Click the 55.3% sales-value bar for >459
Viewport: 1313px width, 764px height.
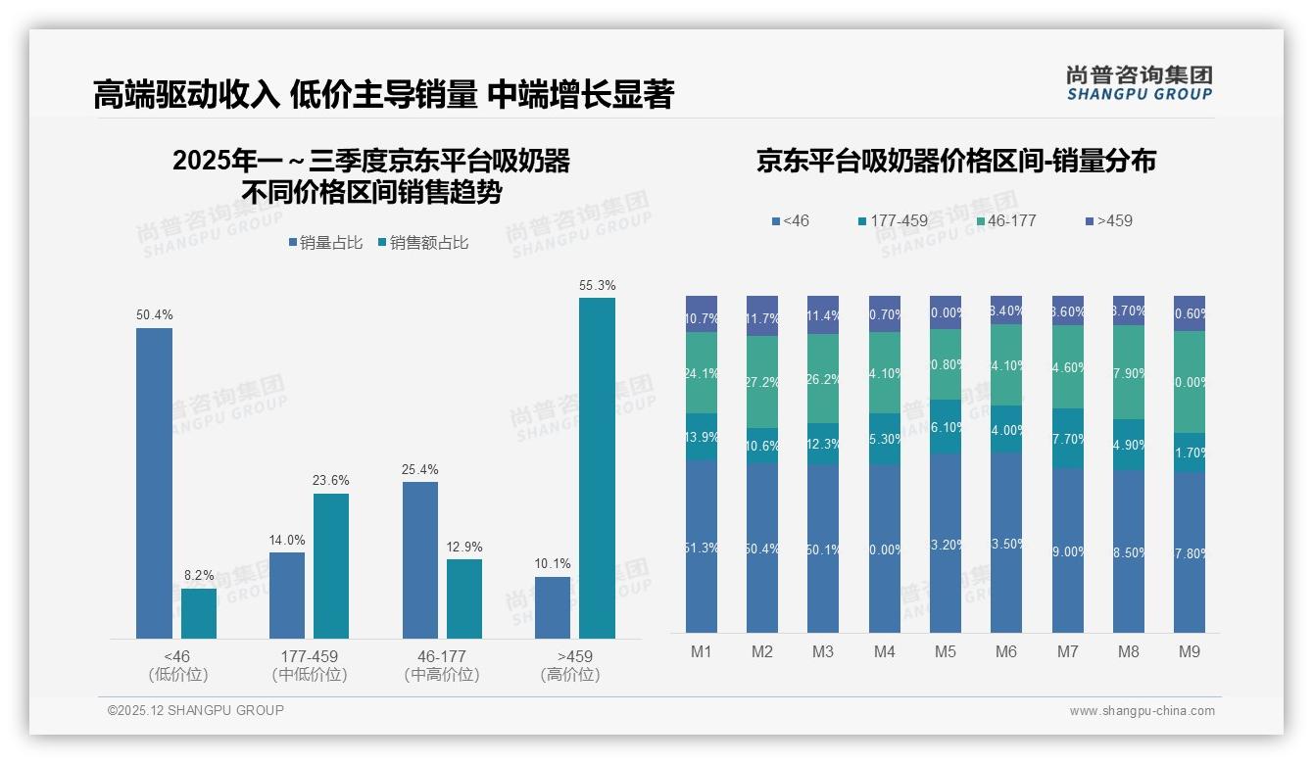click(597, 468)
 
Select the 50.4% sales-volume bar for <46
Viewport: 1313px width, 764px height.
click(154, 483)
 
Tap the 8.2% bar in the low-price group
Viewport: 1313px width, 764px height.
click(199, 613)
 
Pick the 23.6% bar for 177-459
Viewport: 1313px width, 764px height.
click(331, 566)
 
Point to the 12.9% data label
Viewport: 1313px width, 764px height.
click(464, 547)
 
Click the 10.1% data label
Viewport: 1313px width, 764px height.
click(553, 564)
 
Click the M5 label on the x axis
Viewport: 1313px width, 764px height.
click(945, 651)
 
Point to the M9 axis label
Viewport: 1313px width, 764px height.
click(1189, 651)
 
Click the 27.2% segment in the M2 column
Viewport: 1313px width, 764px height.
click(762, 382)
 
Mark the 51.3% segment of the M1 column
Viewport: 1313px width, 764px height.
click(702, 547)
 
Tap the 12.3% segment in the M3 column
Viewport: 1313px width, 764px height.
click(823, 444)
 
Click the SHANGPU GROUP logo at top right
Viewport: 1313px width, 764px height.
click(1139, 83)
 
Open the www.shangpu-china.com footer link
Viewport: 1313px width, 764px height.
click(1142, 711)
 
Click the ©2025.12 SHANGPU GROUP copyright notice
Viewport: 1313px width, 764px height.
click(196, 711)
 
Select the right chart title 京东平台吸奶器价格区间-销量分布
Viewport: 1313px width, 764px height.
click(955, 161)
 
